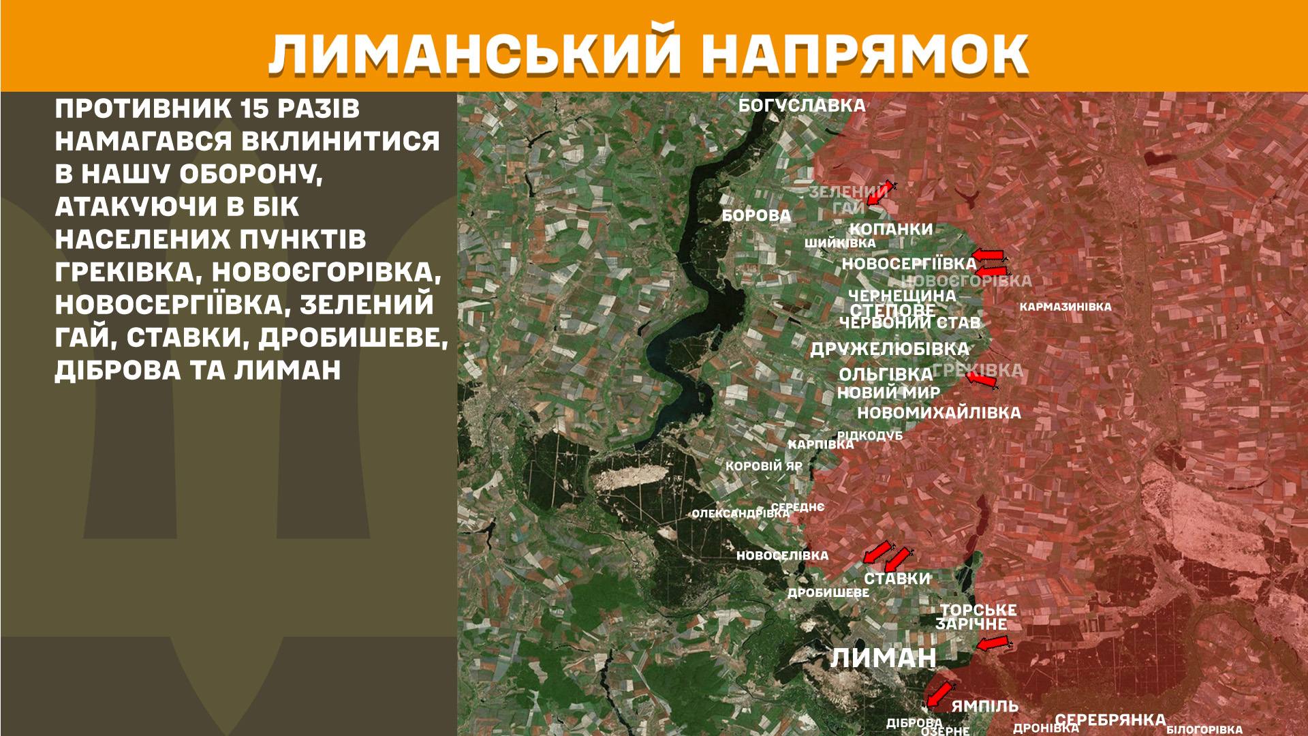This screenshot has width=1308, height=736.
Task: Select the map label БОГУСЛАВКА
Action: point(802,106)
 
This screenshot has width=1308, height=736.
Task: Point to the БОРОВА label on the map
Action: point(756,216)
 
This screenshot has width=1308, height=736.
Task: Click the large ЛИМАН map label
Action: point(883,658)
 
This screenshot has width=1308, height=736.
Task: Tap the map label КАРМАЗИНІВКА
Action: point(1065,307)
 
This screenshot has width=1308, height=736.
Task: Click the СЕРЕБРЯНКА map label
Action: point(1110,720)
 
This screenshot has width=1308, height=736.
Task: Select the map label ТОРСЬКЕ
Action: point(978,610)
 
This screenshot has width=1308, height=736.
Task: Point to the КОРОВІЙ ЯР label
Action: point(764,467)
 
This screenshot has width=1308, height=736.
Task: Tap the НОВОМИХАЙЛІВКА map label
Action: point(939,413)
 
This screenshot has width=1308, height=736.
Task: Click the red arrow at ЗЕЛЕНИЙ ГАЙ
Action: point(879,194)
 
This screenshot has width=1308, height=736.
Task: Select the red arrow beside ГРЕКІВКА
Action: point(982,380)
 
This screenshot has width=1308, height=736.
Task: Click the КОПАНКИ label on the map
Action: point(891,230)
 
